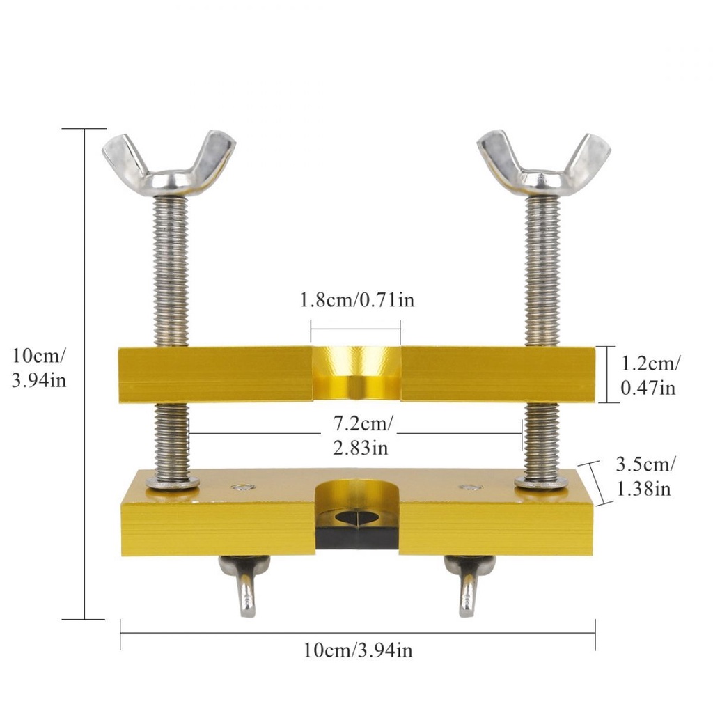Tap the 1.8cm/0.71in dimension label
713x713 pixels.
[357, 300]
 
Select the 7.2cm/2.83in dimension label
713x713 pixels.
[362, 436]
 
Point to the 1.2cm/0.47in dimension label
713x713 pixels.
[650, 375]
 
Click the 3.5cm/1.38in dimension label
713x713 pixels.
[645, 476]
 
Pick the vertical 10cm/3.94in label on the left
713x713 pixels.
[39, 368]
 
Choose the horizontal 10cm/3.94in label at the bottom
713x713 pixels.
[359, 650]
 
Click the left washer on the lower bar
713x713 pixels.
[173, 483]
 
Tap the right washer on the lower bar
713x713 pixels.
[541, 483]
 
